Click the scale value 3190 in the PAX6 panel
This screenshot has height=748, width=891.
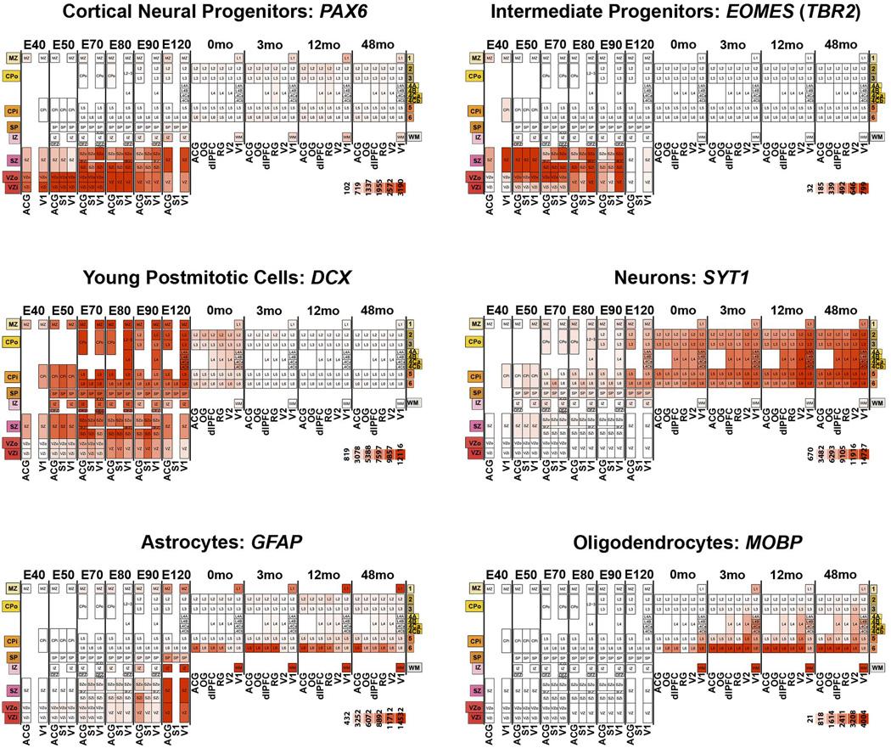pos(401,188)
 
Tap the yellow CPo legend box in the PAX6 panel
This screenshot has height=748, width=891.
pos(14,76)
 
